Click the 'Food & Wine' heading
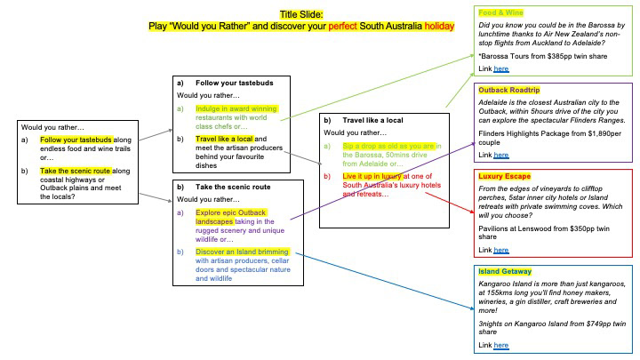point(500,12)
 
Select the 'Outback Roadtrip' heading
point(509,90)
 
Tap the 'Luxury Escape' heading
point(505,176)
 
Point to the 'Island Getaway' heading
point(505,271)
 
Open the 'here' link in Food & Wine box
point(501,69)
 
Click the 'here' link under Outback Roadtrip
point(501,155)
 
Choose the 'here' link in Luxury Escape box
point(501,250)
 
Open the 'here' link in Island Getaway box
point(501,345)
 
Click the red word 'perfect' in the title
point(343,26)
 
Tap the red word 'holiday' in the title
point(439,26)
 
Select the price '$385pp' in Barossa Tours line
point(560,56)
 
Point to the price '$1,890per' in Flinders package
point(604,133)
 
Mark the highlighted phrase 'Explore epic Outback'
point(230,212)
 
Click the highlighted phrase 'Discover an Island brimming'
point(242,252)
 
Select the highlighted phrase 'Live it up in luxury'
point(372,176)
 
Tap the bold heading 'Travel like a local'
point(372,120)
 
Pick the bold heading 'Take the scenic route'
point(233,187)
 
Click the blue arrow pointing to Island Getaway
point(385,281)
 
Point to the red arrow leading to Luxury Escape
point(450,203)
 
